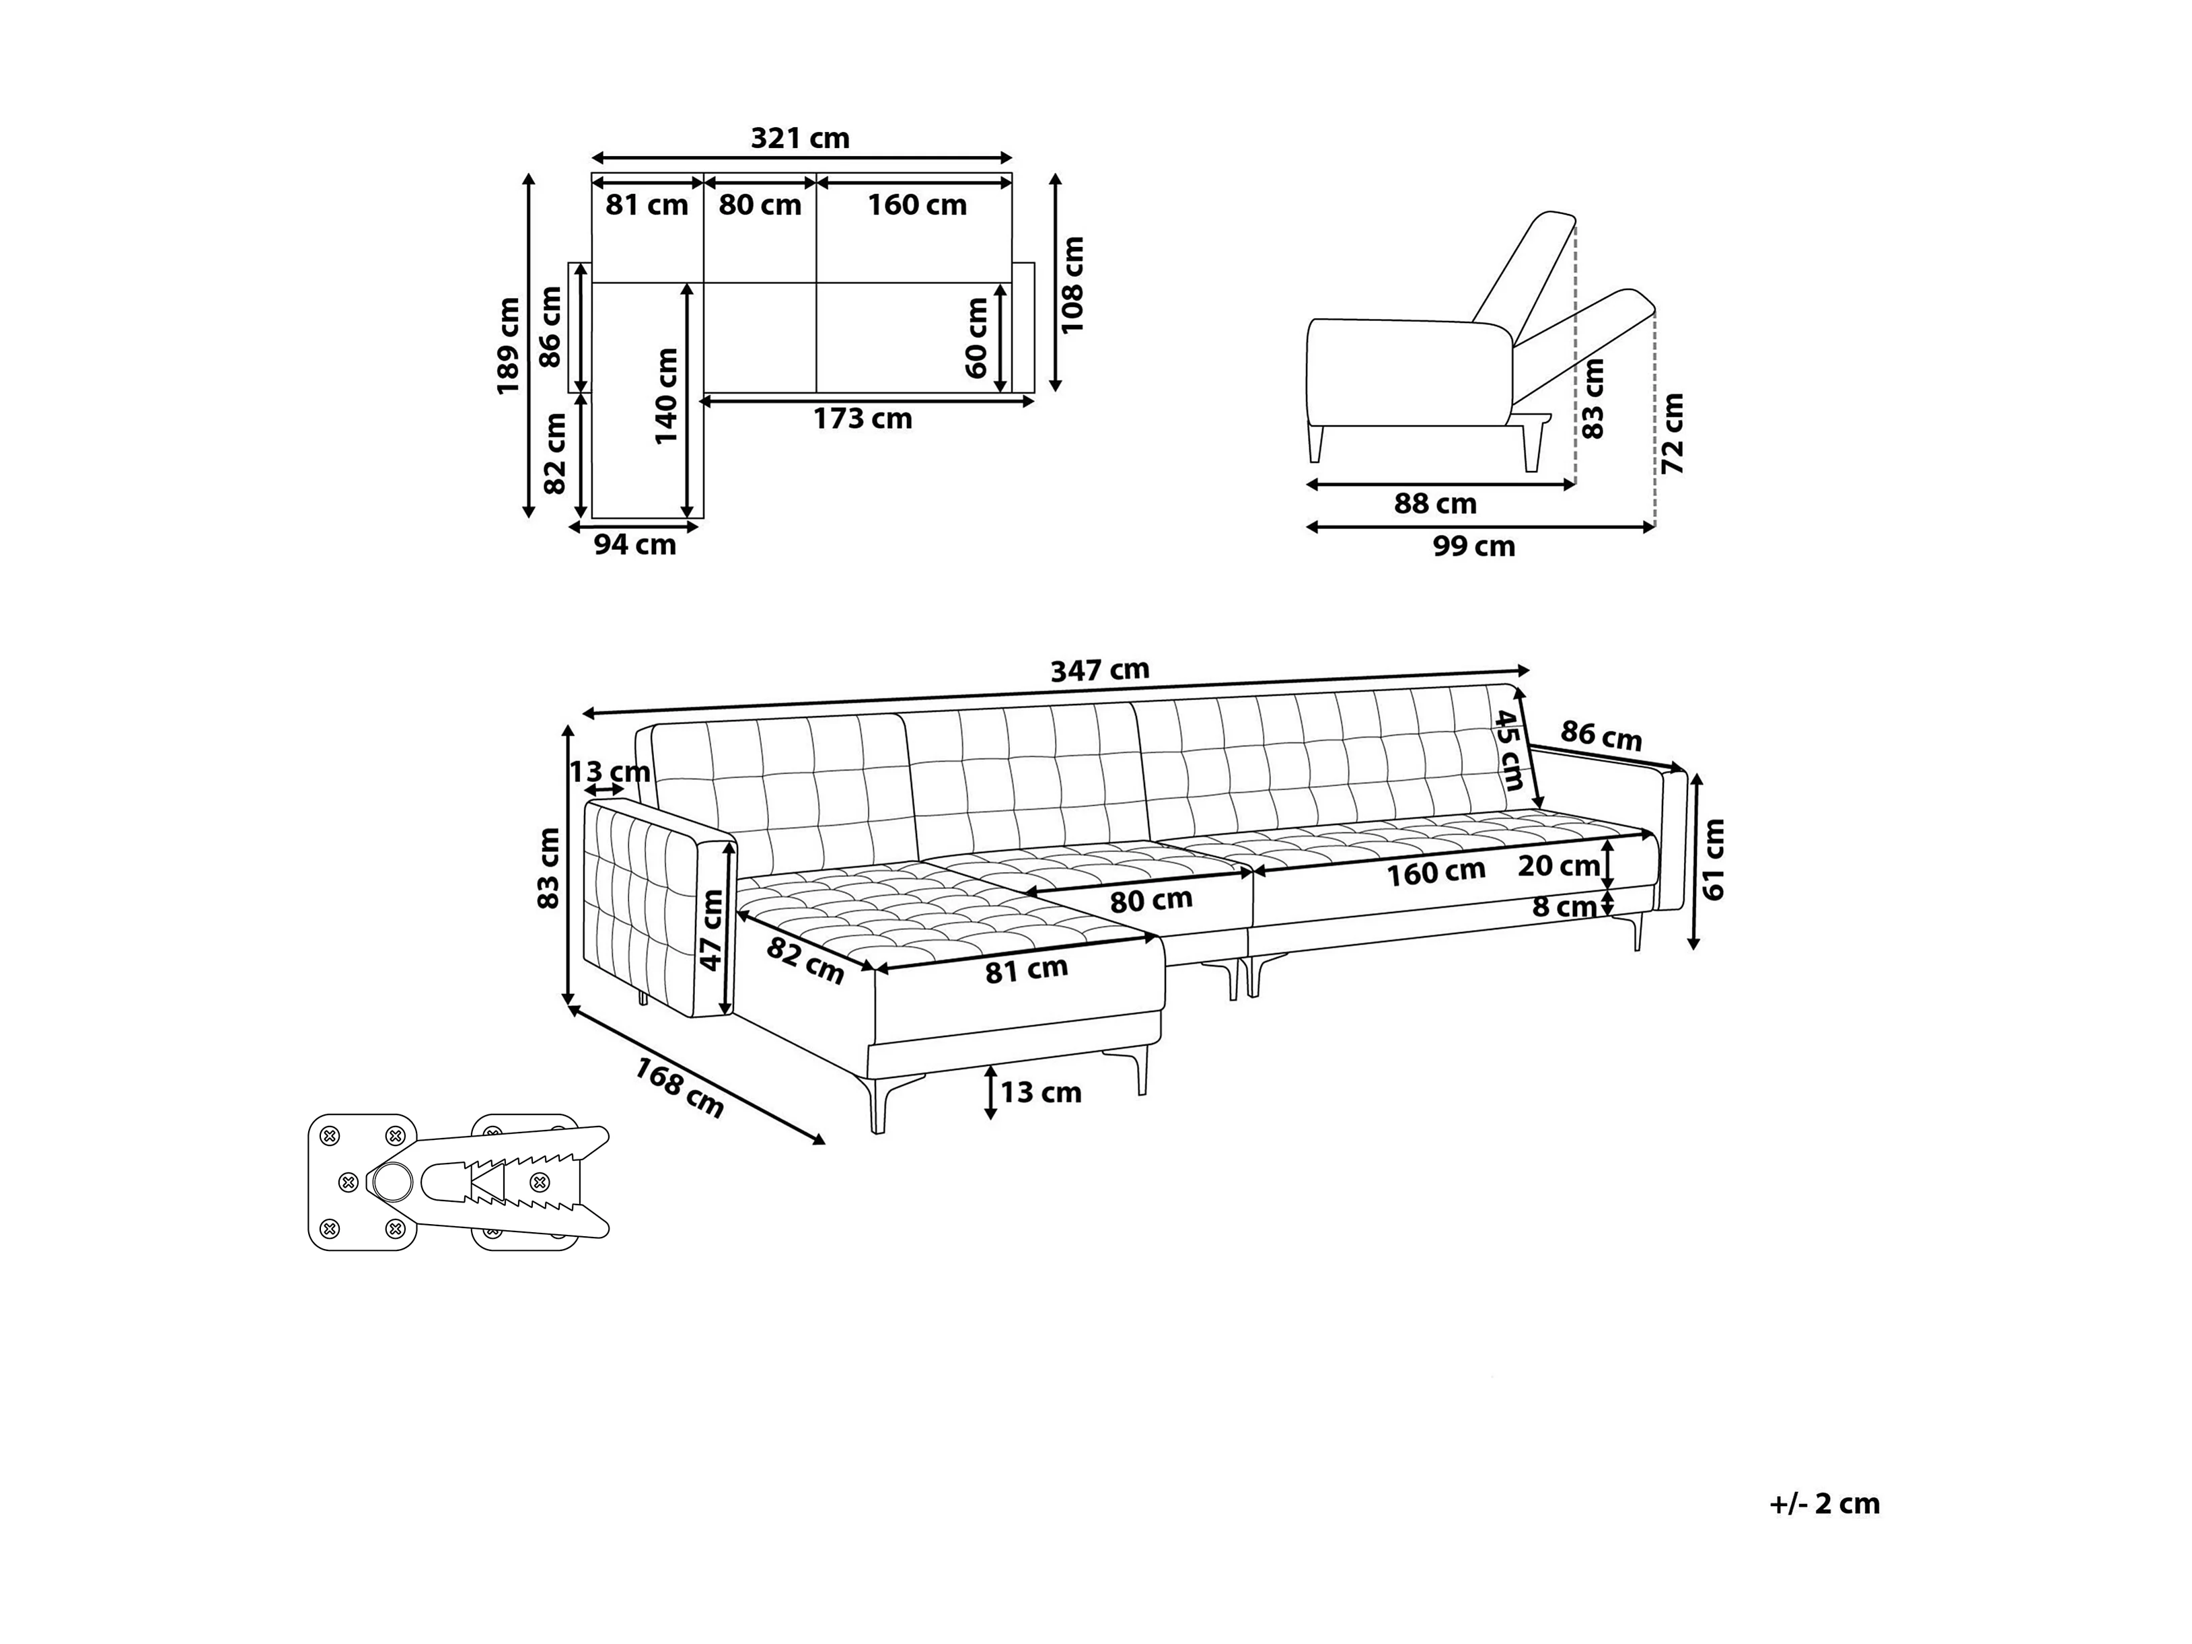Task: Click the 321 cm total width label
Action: click(800, 138)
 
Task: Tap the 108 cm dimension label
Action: click(1073, 285)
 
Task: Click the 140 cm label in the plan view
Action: click(666, 396)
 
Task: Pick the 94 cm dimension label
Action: click(634, 544)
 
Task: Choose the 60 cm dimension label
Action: click(976, 338)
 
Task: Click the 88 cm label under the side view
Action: click(1435, 503)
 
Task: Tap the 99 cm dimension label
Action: click(1473, 546)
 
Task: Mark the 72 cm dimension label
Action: click(1672, 433)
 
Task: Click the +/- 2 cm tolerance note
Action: click(1825, 1503)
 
